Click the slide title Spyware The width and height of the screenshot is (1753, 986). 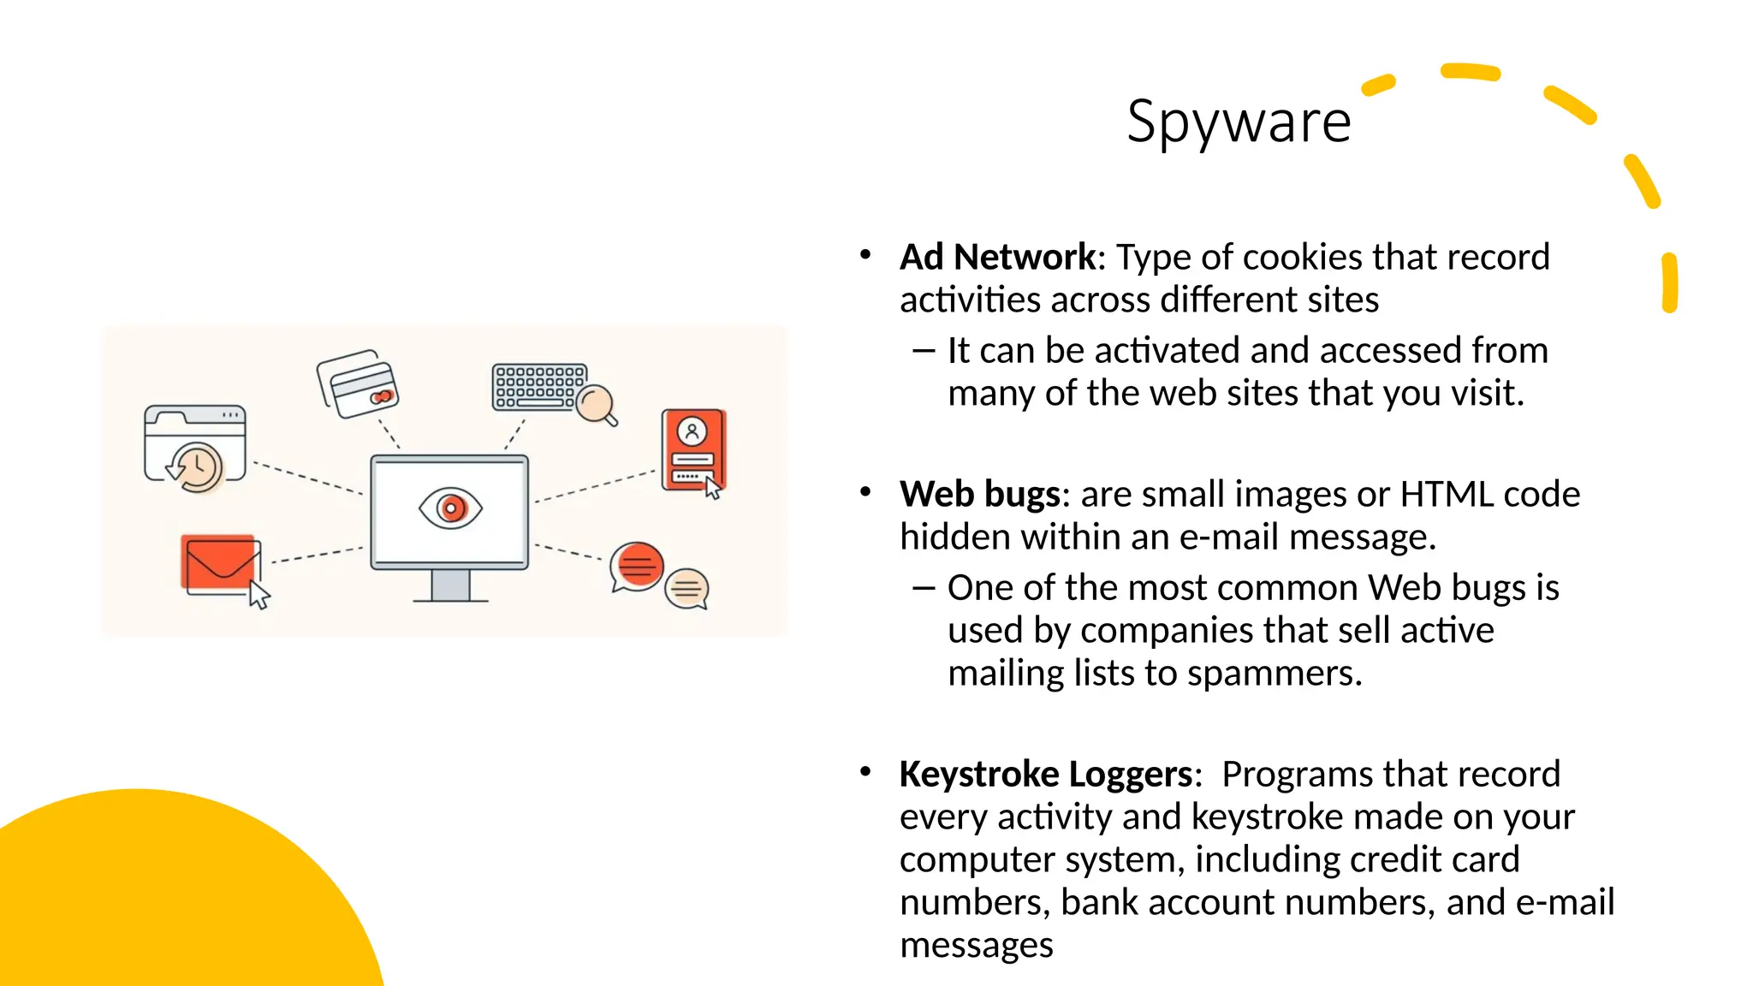(1238, 122)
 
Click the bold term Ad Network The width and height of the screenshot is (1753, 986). (997, 257)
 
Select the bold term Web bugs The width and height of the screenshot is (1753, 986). (980, 494)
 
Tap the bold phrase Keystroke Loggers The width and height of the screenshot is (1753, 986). (1046, 774)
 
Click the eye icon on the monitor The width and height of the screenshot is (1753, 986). (450, 508)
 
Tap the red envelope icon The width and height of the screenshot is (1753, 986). (218, 563)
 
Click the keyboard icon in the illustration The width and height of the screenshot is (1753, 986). (538, 386)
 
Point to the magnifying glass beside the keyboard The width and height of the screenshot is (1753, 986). (596, 404)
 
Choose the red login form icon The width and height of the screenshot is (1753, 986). (692, 448)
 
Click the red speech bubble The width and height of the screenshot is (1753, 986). (637, 565)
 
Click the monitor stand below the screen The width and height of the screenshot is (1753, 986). (450, 586)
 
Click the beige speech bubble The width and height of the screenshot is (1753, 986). (687, 589)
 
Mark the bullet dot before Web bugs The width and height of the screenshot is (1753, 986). (865, 492)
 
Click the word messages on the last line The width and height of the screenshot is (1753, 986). (976, 945)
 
